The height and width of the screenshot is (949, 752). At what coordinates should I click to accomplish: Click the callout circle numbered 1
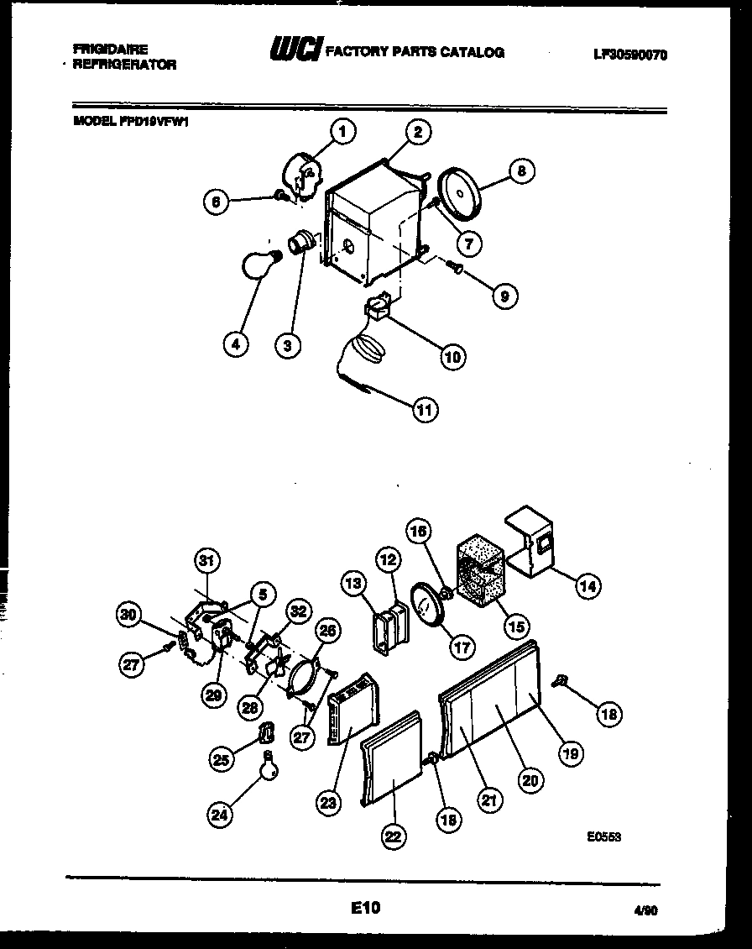342,131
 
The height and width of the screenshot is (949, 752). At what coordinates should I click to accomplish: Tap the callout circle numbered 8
521,171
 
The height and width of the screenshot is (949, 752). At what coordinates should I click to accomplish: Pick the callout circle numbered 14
587,587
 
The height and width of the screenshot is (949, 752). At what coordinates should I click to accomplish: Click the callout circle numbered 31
206,560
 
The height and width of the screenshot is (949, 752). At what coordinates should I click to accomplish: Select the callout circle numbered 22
394,836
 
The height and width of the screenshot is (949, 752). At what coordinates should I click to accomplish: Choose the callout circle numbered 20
530,780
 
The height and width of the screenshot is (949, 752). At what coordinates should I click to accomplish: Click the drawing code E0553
603,836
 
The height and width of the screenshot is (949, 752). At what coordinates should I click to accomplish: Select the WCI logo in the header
294,52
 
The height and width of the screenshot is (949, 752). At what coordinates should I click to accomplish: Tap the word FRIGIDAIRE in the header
110,50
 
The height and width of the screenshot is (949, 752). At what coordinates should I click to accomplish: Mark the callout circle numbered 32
297,611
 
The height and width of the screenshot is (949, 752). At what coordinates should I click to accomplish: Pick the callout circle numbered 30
128,615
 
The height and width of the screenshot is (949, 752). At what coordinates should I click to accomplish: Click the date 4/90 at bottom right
645,910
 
